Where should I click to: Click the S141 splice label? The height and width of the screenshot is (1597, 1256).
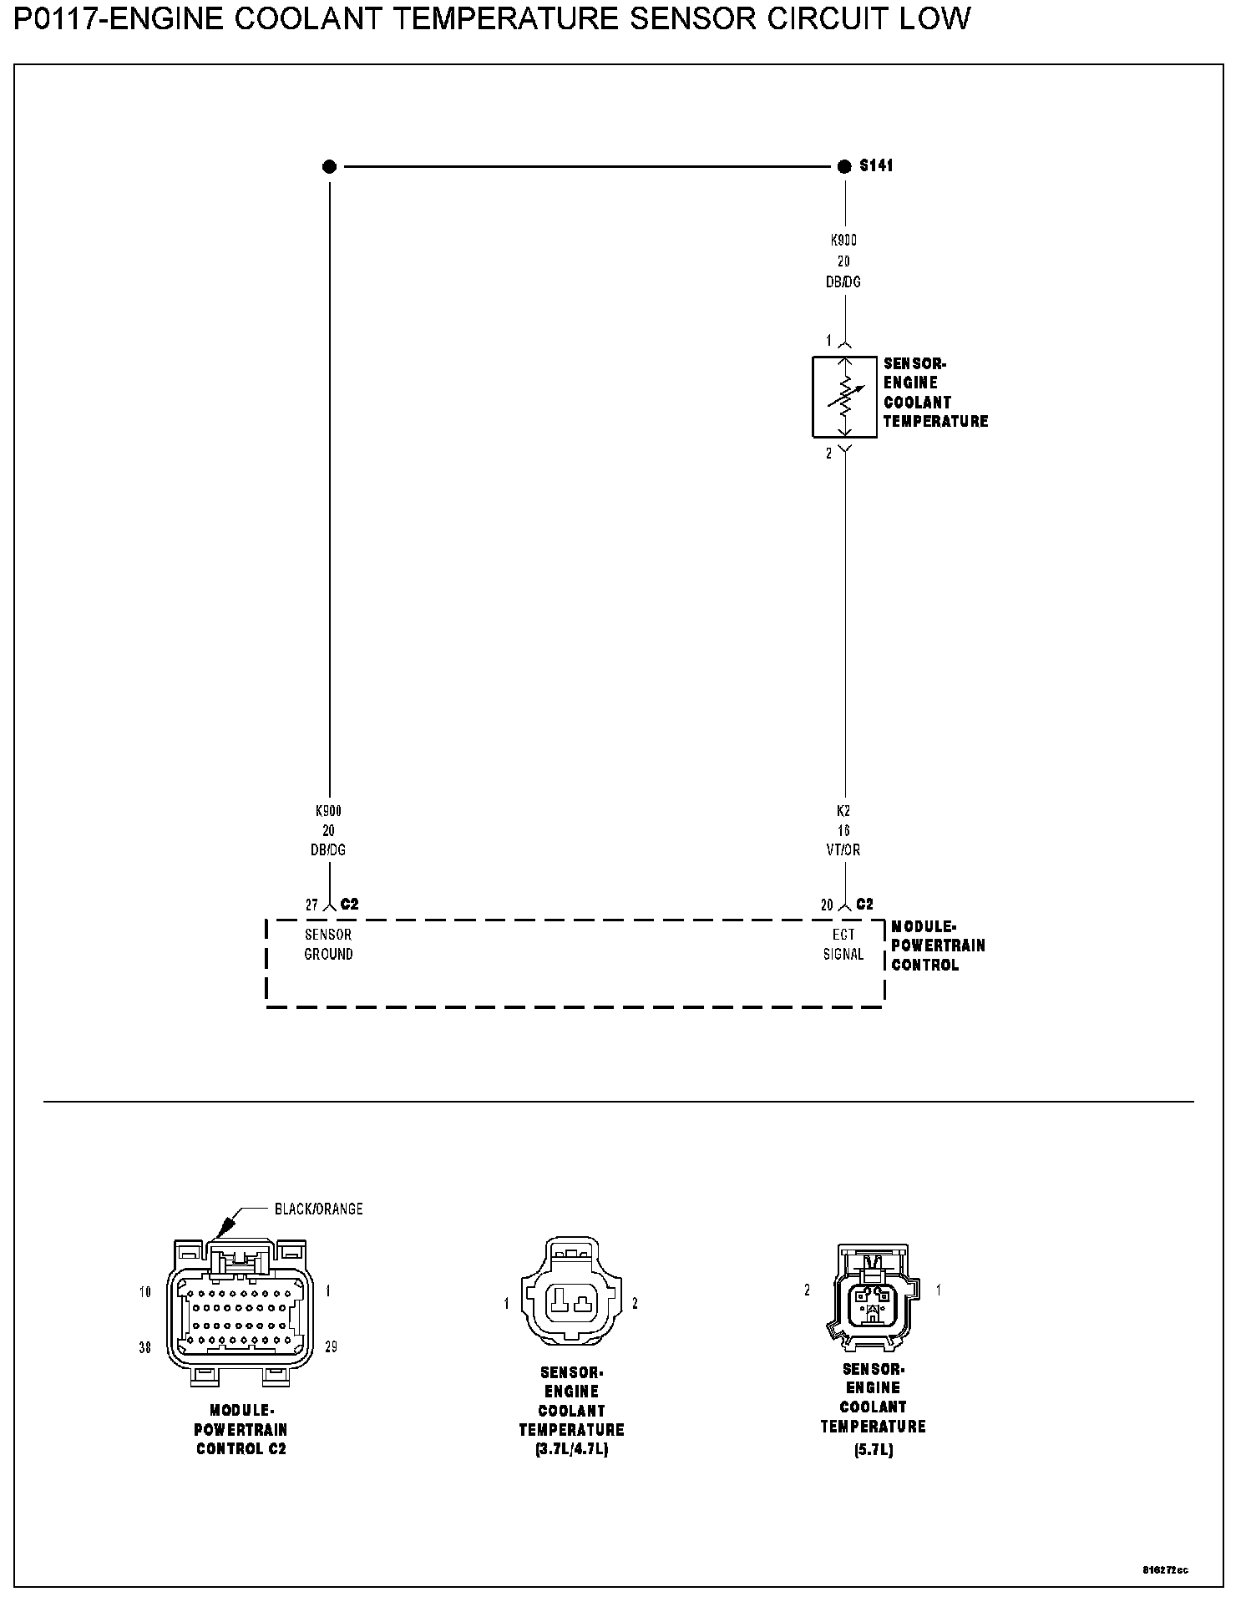click(876, 165)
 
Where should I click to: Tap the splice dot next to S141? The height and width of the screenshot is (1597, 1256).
click(844, 167)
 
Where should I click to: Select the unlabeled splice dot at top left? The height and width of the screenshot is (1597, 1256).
click(329, 167)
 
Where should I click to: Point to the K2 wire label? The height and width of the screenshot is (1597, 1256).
click(843, 810)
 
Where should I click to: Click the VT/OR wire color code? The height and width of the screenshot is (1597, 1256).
click(843, 849)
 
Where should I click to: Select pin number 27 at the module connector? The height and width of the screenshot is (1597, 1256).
click(311, 905)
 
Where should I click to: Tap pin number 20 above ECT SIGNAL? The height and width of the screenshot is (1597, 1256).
click(827, 905)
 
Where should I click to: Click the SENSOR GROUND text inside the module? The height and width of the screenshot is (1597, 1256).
click(328, 944)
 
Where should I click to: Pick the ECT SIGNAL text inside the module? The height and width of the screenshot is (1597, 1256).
click(843, 944)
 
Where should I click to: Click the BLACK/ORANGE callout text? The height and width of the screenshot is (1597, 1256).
click(318, 1209)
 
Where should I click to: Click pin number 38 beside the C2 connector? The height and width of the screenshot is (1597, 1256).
click(145, 1347)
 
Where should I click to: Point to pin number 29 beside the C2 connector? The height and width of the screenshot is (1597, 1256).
click(331, 1347)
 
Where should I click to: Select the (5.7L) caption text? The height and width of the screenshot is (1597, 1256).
click(873, 1451)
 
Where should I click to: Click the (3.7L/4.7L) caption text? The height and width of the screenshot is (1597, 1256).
click(571, 1450)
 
